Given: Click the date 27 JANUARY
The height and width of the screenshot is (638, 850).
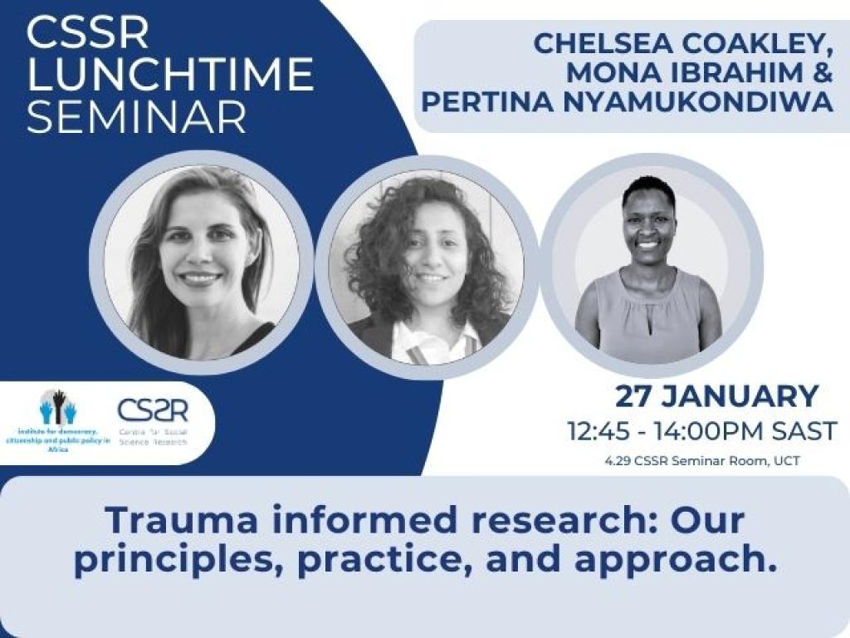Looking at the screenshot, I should point(716,396).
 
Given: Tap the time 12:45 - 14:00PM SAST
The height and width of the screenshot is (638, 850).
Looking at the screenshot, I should point(702,431).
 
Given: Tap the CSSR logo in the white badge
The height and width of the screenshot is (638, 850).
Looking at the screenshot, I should point(153,410).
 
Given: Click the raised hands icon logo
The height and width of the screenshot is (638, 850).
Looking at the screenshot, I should point(58,407).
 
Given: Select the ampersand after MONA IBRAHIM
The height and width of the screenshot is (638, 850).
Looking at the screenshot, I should point(821,72).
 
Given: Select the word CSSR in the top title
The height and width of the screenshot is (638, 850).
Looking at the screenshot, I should point(87,32).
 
